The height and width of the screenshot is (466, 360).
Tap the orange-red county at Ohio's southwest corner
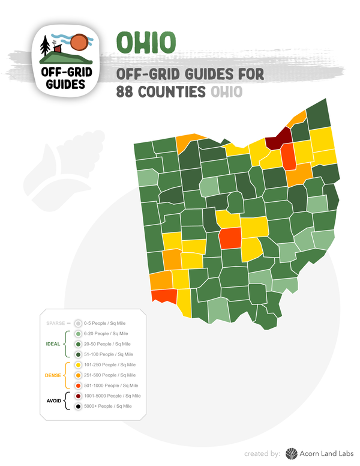tap(163, 296)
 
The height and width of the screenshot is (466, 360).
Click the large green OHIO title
tap(146, 42)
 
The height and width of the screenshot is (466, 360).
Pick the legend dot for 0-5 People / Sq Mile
tap(78, 323)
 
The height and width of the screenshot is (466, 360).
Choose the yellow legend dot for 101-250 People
tap(78, 365)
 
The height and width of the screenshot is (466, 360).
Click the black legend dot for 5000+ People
tap(78, 407)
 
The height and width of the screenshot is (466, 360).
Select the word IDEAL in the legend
tap(54, 344)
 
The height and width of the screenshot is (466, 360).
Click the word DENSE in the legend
tap(53, 375)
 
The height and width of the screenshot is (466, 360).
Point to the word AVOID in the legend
tap(54, 401)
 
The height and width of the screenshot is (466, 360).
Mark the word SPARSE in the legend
tap(55, 323)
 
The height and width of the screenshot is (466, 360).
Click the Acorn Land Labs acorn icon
tap(291, 453)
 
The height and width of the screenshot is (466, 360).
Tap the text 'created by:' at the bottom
tap(262, 453)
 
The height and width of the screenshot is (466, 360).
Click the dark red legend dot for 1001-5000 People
tap(78, 396)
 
